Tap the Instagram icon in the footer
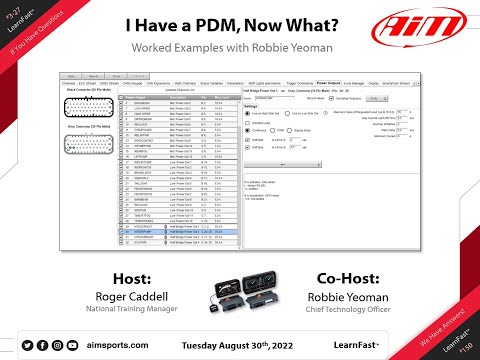coord(58,344)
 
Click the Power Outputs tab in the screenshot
coord(327,84)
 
